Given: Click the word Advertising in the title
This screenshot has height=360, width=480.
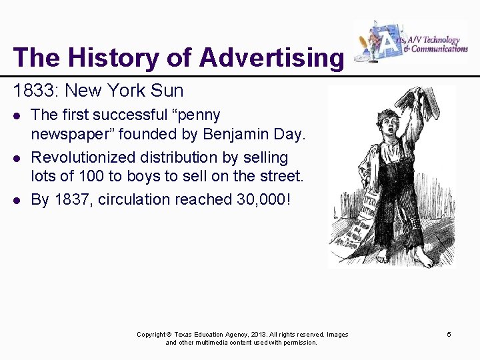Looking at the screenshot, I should pyautogui.click(x=271, y=58).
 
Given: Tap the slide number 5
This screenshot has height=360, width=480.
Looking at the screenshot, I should pyautogui.click(x=449, y=334).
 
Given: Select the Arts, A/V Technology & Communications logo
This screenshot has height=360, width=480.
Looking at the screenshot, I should pyautogui.click(x=410, y=43).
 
